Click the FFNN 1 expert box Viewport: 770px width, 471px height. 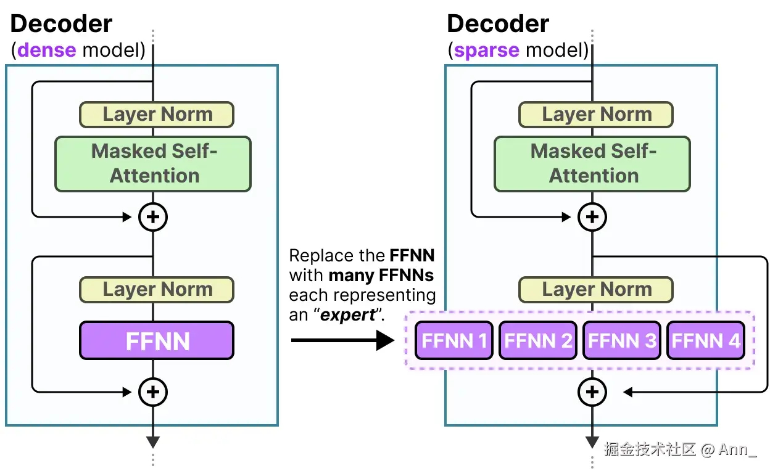[x=454, y=341]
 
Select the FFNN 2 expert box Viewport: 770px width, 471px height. [x=538, y=341]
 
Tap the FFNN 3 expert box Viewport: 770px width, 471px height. [x=622, y=341]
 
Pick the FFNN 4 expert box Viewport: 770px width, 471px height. [x=706, y=341]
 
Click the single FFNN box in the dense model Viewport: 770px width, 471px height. [x=157, y=340]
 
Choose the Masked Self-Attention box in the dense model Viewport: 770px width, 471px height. [x=153, y=163]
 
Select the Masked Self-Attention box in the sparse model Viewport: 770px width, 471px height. [x=592, y=163]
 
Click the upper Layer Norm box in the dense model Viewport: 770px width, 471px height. [x=157, y=115]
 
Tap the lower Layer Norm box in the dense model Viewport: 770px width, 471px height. [x=157, y=290]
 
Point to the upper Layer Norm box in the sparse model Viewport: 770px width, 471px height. [x=596, y=115]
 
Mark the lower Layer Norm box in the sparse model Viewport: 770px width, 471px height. [x=596, y=290]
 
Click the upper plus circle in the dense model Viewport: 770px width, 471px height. [x=153, y=216]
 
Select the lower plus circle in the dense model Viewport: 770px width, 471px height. [x=153, y=391]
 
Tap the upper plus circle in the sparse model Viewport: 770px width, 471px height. [x=592, y=216]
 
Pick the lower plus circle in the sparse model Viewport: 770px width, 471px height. [x=592, y=391]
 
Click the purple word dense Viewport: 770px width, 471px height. [x=47, y=49]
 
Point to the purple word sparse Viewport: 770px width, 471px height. [x=486, y=49]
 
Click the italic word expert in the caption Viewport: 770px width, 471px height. [x=350, y=314]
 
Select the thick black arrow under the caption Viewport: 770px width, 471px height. [x=342, y=340]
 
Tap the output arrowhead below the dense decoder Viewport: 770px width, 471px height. [x=153, y=442]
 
